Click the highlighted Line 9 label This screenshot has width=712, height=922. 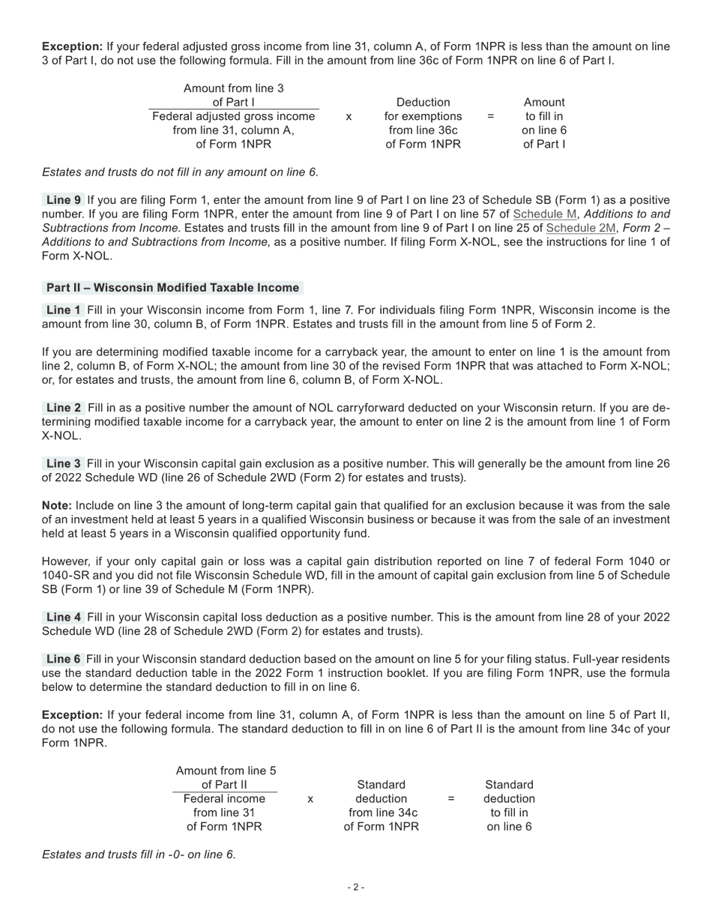63,200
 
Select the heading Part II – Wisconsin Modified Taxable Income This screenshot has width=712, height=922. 172,288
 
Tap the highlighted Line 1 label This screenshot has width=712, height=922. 63,310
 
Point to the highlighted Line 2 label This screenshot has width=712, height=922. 63,408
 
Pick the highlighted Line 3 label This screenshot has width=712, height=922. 63,464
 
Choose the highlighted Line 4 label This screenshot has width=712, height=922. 63,618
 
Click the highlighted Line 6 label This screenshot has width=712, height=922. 63,660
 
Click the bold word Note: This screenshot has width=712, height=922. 57,506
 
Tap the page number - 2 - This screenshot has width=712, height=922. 356,888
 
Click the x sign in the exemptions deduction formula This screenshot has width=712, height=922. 349,117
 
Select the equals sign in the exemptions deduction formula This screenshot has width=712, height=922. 490,117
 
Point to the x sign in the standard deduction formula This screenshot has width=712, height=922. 310,799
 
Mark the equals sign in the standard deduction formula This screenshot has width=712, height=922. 451,799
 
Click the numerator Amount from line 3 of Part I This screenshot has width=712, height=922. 234,95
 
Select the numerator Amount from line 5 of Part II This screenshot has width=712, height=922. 226,777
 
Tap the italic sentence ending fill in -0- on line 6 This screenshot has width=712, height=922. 139,855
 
